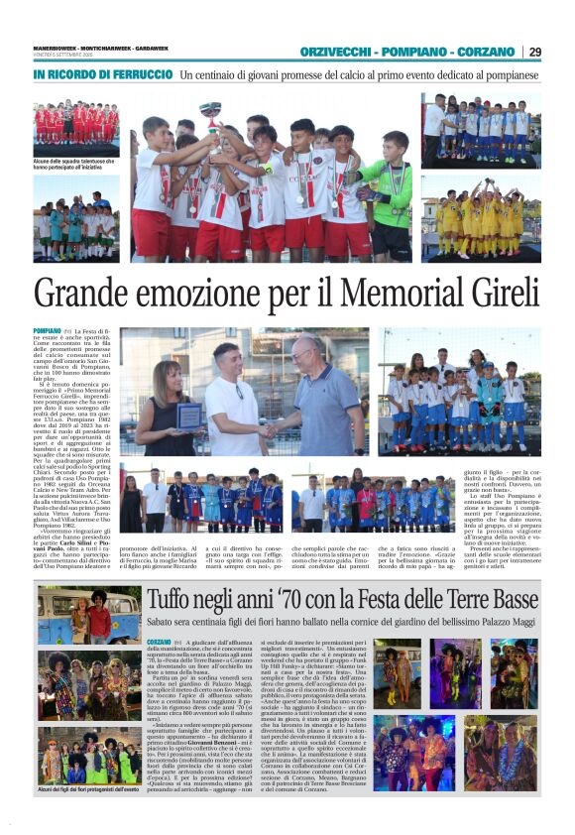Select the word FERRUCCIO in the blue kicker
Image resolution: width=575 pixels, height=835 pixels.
click(140, 74)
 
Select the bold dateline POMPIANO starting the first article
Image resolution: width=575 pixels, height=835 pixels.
click(48, 331)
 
